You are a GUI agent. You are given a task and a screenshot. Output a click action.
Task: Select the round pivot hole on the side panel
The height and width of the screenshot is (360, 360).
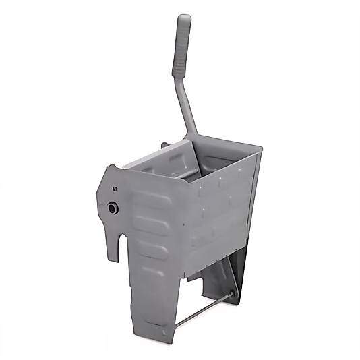point(113,208)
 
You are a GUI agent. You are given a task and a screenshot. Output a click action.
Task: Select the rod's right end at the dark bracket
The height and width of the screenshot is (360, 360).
point(232,294)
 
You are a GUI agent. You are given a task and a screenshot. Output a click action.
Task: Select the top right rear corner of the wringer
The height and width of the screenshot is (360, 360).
point(260,152)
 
